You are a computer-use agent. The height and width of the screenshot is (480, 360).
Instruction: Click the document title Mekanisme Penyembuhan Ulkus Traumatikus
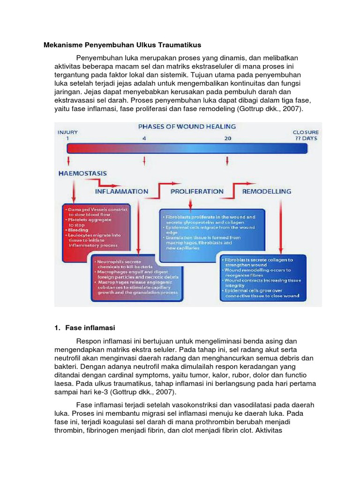pyautogui.click(x=122, y=45)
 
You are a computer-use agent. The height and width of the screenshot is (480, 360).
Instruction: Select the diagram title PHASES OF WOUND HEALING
pyautogui.click(x=187, y=127)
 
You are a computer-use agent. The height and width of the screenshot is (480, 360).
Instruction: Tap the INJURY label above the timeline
pyautogui.click(x=67, y=132)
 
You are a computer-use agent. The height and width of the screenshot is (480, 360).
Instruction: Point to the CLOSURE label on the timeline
pyautogui.click(x=306, y=132)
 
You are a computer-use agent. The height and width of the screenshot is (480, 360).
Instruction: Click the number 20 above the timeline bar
pyautogui.click(x=227, y=138)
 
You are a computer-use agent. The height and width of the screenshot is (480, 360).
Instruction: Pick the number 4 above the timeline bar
pyautogui.click(x=144, y=138)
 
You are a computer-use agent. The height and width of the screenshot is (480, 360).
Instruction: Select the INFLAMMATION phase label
pyautogui.click(x=121, y=191)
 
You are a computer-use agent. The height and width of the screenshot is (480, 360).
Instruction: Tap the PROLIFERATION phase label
pyautogui.click(x=197, y=191)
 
